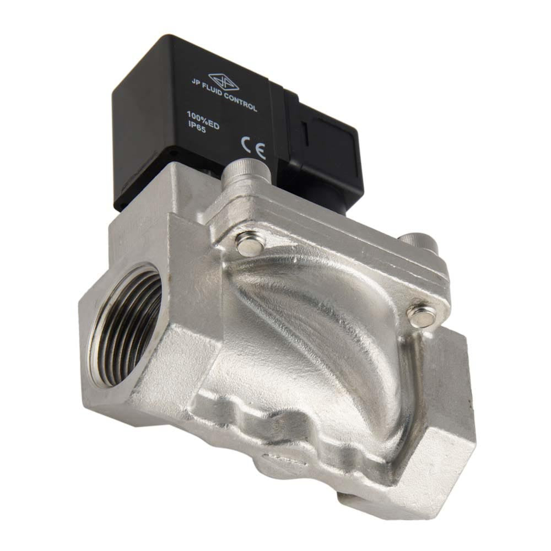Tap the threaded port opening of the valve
pyautogui.click(x=126, y=325)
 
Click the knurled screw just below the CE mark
pyautogui.click(x=249, y=172)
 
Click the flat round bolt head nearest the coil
pyautogui.click(x=244, y=244)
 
